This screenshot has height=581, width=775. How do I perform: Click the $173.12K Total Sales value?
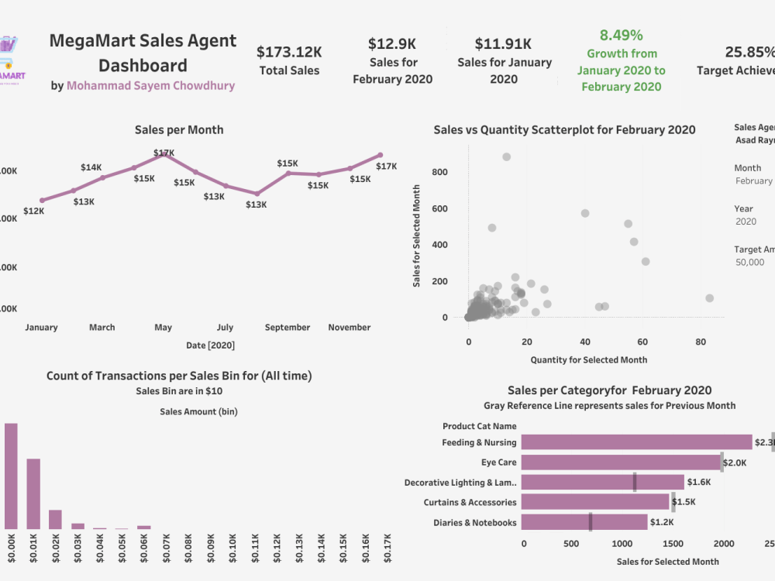[289, 52]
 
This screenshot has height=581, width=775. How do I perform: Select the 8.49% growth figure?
[621, 36]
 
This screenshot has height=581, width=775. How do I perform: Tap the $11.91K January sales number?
[503, 43]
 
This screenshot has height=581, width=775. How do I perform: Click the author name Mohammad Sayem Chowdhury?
[150, 86]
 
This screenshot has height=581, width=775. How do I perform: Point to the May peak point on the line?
[164, 154]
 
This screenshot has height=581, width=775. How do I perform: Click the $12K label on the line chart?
[34, 211]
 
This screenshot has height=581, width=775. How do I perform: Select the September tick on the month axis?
[288, 328]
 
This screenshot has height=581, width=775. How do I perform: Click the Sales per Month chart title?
[178, 130]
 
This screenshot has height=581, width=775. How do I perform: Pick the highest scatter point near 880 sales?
[507, 156]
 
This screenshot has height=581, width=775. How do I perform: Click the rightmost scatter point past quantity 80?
[709, 298]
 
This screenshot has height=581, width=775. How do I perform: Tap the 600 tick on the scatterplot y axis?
[440, 208]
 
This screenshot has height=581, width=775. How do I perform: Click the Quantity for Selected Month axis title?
[588, 359]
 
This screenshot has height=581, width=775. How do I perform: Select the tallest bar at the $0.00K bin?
[11, 476]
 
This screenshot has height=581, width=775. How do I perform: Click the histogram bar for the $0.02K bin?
[55, 519]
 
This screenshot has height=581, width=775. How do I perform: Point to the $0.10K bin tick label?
[232, 552]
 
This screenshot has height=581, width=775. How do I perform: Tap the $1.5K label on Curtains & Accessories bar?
[684, 503]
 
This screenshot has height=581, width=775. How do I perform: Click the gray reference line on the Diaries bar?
[591, 522]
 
